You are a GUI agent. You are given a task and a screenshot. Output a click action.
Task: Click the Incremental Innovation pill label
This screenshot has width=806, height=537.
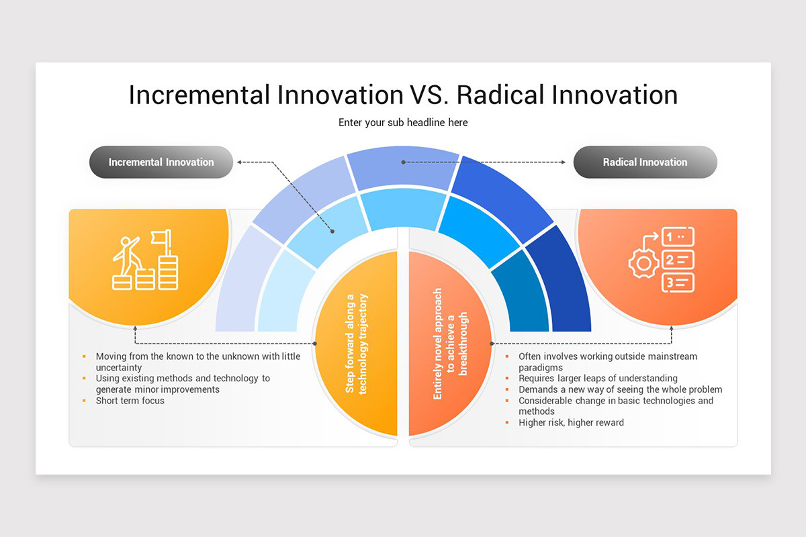(x=161, y=162)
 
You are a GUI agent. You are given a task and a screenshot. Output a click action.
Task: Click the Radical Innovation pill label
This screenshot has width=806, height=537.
(x=645, y=162)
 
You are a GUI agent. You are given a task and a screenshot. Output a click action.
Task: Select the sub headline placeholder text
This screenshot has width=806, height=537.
(x=403, y=122)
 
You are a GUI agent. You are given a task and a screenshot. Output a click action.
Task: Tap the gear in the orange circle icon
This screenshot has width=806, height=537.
(x=643, y=263)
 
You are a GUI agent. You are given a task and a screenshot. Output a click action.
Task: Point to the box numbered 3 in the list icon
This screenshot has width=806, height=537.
(x=678, y=283)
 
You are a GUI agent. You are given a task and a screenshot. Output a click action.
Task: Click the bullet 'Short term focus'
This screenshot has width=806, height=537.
(x=130, y=401)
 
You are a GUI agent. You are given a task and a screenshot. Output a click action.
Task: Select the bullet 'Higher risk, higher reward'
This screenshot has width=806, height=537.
(x=571, y=423)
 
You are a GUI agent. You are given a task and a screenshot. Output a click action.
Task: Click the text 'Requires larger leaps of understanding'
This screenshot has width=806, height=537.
(x=598, y=379)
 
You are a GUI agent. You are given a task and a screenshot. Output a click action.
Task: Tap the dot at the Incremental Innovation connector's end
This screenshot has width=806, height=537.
(x=333, y=232)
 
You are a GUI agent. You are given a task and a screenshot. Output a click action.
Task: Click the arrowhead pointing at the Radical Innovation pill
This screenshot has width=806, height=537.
(x=564, y=162)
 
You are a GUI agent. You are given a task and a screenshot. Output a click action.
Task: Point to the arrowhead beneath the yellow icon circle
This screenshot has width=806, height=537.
(x=136, y=328)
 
